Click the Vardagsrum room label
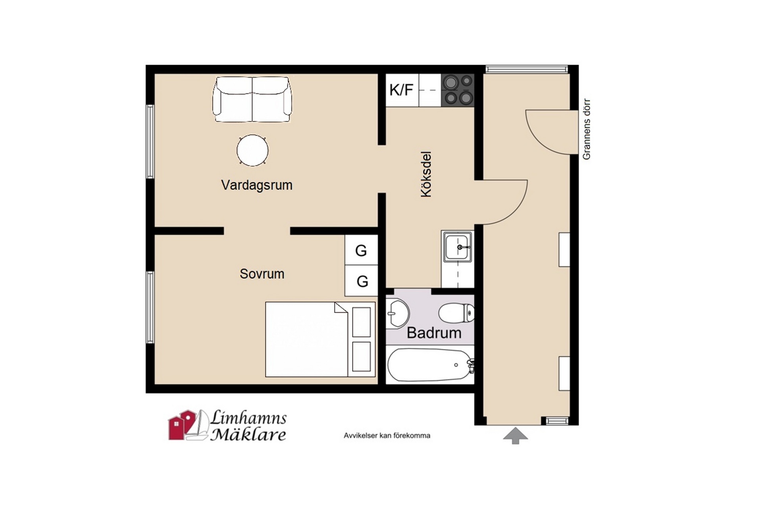(257, 185)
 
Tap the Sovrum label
(262, 274)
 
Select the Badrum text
(434, 333)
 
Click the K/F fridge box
(402, 90)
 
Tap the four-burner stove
(458, 90)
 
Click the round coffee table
(252, 150)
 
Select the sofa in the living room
(252, 99)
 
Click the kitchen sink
(458, 247)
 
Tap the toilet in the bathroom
(456, 313)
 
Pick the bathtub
(430, 365)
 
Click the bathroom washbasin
(397, 313)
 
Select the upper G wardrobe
(361, 250)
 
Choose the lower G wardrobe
(361, 281)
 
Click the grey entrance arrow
(516, 436)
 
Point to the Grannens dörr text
(587, 129)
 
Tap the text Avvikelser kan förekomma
(387, 435)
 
